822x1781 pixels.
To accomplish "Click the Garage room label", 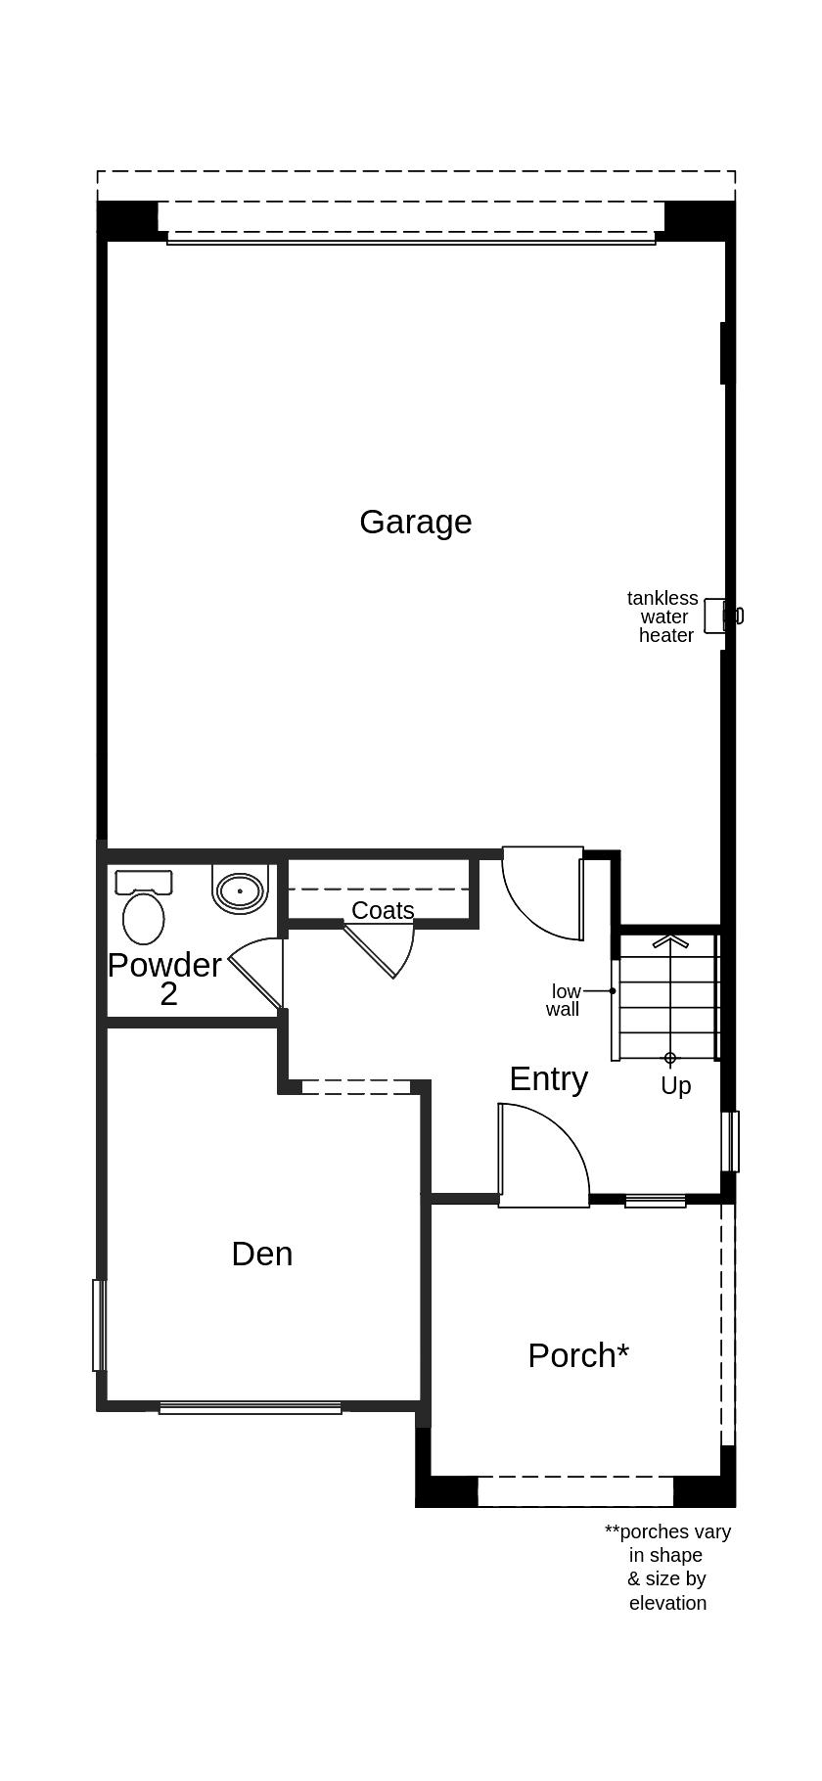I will click(415, 522).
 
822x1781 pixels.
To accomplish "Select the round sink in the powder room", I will click(240, 890).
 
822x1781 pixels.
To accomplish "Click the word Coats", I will click(383, 910).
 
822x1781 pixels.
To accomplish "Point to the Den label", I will click(261, 1254).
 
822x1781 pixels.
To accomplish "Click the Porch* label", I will click(577, 1355).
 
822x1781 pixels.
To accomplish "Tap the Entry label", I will click(548, 1078).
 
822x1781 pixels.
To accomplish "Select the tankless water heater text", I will click(663, 616).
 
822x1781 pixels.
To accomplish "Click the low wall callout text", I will click(565, 1000).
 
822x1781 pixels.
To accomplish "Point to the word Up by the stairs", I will click(675, 1085).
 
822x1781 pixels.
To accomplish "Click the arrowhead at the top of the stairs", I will click(670, 941).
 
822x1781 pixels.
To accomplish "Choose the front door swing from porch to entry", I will click(543, 1155).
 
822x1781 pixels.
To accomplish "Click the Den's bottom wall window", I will click(251, 1408).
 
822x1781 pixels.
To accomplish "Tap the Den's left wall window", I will click(98, 1325).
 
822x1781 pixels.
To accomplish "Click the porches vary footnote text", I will click(667, 1567).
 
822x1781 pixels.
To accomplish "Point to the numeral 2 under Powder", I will click(168, 994).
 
